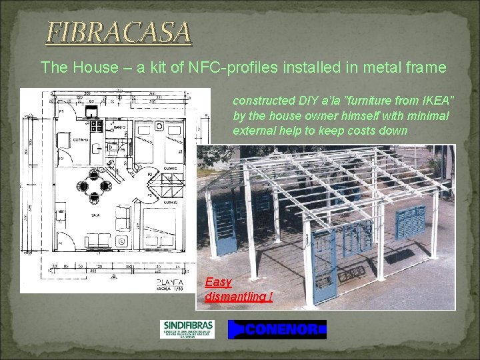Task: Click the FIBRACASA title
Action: pos(118,32)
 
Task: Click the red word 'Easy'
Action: pos(218,282)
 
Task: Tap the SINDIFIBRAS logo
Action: pos(188,329)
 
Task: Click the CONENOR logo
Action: pos(277,329)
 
